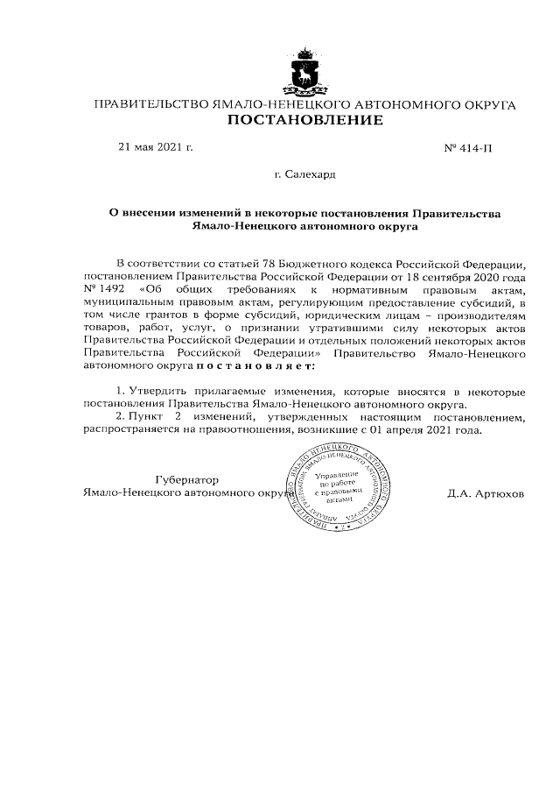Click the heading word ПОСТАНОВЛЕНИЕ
point(304,120)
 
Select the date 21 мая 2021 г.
point(155,146)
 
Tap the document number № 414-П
point(469,147)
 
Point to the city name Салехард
point(311,175)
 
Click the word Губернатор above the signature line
point(185,479)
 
